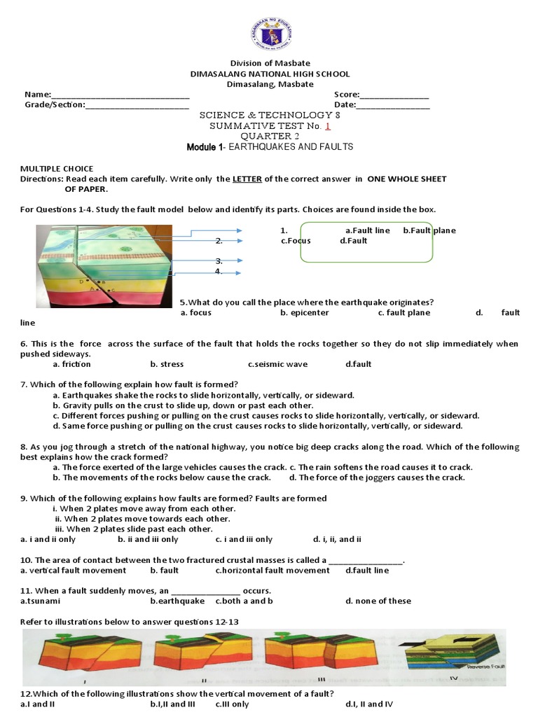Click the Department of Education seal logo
point(269,34)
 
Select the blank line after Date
point(394,106)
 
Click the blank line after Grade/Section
point(137,106)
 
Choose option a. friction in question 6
point(72,364)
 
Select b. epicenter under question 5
point(304,313)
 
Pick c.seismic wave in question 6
point(277,364)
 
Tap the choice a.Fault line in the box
point(367,230)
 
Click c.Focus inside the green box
point(295,241)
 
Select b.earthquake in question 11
point(177,601)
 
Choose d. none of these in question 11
point(378,601)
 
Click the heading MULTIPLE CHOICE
point(56,169)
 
